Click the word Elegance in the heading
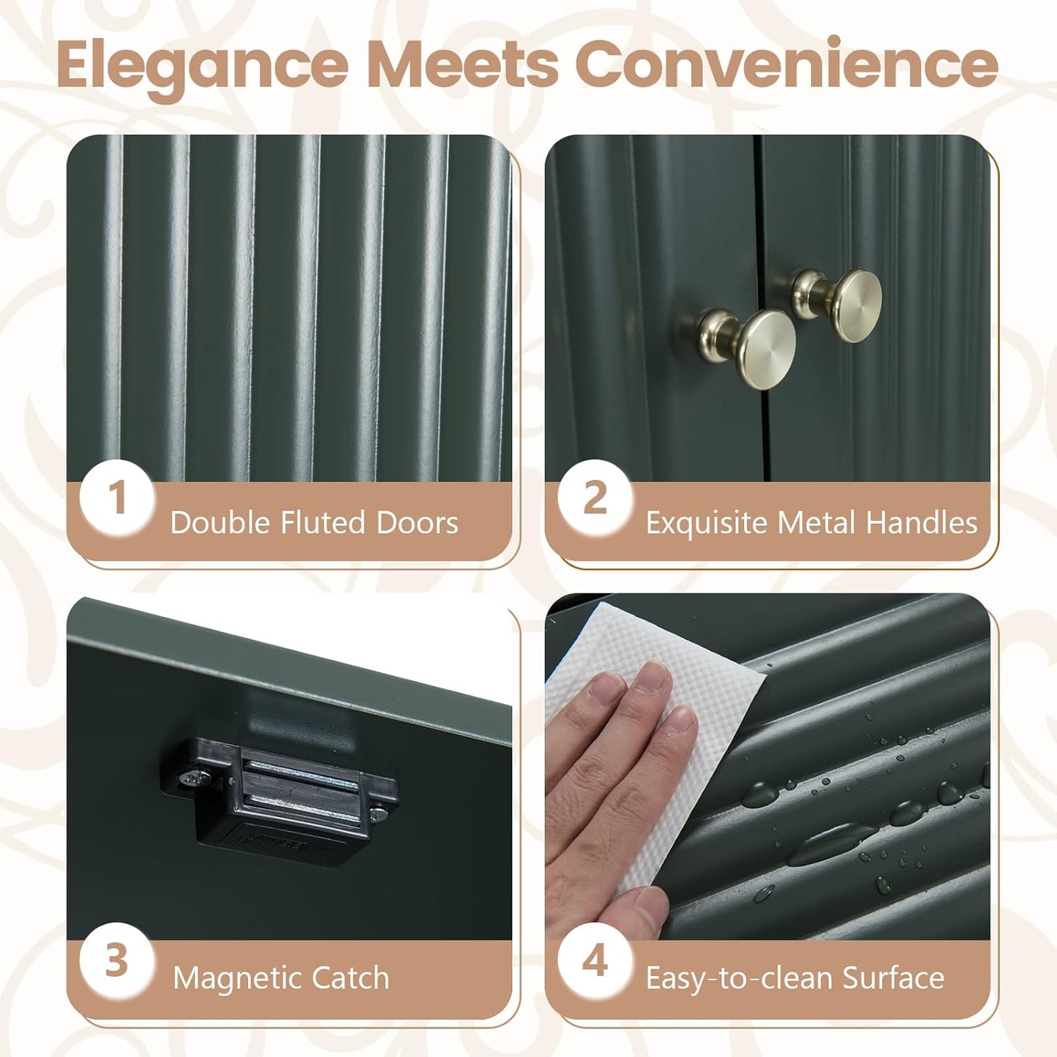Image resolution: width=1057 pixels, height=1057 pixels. click(x=203, y=67)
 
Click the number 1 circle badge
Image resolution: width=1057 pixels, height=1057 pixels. click(x=116, y=498)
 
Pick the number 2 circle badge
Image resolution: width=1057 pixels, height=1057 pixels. click(x=595, y=498)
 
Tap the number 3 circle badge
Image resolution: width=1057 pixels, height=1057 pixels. click(x=116, y=961)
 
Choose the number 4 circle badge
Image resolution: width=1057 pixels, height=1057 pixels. click(x=595, y=961)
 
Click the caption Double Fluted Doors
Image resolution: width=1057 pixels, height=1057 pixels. click(x=315, y=522)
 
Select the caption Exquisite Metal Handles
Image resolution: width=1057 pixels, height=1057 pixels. click(x=811, y=522)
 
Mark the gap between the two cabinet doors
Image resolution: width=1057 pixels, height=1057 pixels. click(x=761, y=307)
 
